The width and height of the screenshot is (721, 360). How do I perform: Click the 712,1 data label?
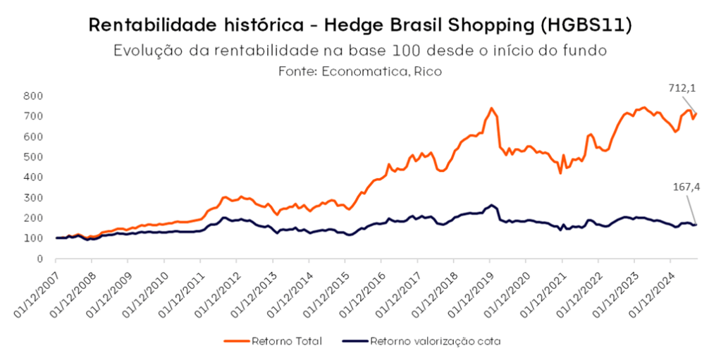click(681, 88)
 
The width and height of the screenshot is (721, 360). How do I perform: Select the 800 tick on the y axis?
click(33, 95)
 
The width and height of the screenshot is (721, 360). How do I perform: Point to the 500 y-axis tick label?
click(33, 156)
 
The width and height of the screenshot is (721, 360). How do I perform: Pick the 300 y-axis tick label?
click(33, 197)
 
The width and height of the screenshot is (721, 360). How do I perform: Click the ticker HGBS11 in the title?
click(585, 25)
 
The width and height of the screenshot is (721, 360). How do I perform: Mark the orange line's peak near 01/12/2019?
click(491, 108)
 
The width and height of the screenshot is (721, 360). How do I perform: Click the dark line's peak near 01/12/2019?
click(491, 205)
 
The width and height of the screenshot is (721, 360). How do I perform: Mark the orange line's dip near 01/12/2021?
click(560, 173)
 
